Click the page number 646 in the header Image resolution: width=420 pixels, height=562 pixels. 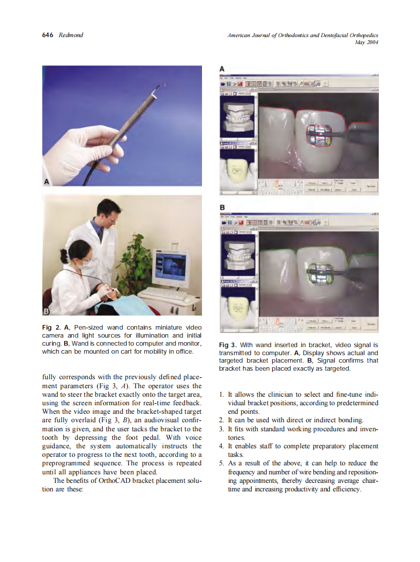click(x=48, y=35)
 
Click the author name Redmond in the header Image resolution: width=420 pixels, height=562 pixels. click(x=71, y=35)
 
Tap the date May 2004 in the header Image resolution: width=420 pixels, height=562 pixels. click(x=365, y=42)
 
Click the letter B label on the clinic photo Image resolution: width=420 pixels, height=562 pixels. click(x=46, y=311)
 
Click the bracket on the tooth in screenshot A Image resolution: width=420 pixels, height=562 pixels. click(x=318, y=135)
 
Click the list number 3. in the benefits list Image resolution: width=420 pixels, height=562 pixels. click(x=222, y=429)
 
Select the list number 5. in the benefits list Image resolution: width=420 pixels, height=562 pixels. click(x=222, y=463)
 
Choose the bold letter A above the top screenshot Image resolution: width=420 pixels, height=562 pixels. click(x=222, y=69)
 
